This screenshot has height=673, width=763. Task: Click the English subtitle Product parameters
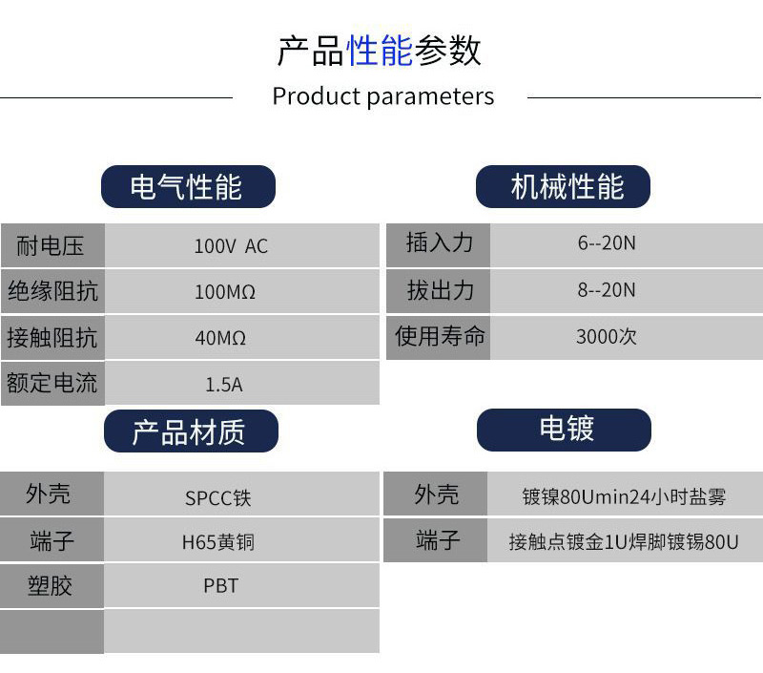[x=383, y=96]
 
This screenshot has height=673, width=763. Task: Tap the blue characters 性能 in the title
[x=380, y=51]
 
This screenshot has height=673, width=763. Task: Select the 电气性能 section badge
[x=188, y=186]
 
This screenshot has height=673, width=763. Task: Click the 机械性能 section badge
[x=563, y=186]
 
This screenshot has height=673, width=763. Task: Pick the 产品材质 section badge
[x=192, y=431]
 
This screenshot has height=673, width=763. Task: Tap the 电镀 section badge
[x=564, y=430]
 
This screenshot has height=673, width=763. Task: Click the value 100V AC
[x=231, y=246]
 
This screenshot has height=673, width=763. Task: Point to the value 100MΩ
[x=225, y=292]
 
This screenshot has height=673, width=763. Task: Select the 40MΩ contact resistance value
[x=220, y=338]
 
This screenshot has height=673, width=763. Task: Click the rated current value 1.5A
[x=224, y=385]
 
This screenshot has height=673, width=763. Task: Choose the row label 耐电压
[x=51, y=245]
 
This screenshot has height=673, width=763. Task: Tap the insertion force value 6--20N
[x=607, y=243]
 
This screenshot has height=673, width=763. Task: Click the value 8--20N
[x=607, y=290]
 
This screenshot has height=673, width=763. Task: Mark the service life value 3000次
[x=607, y=337]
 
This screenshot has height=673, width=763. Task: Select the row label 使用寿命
[x=440, y=336]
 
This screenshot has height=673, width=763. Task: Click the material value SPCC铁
[x=218, y=498]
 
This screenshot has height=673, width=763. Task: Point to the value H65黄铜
[x=218, y=542]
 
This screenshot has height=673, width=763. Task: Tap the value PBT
[x=221, y=586]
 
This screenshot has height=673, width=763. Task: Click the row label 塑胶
[x=51, y=586]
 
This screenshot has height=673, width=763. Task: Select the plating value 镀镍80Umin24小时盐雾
[x=624, y=496]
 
